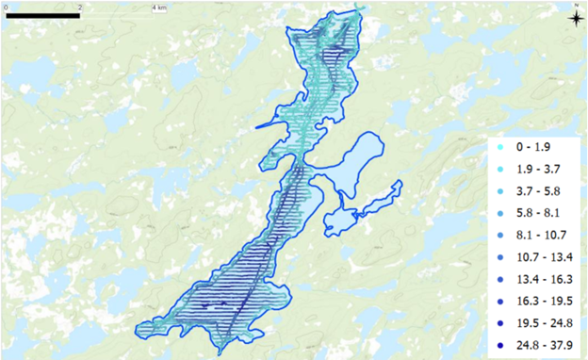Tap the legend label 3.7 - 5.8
538,191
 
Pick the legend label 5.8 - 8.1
538,213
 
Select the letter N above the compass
574,5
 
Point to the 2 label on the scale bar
79,7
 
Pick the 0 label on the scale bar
6,7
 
